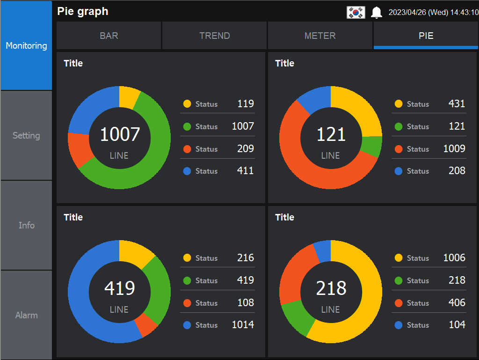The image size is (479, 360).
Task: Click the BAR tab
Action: [109, 36]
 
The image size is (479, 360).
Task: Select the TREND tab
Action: [215, 36]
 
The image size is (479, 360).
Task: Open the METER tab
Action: [320, 36]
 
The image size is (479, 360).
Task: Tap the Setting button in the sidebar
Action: [26, 136]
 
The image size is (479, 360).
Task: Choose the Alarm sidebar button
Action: [26, 316]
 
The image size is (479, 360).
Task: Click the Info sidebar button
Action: [26, 226]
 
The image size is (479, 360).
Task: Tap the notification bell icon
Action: [377, 13]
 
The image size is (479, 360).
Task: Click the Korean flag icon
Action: [356, 13]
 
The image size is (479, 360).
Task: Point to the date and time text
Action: [433, 13]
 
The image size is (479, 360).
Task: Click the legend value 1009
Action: [454, 149]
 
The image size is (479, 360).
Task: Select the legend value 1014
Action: [243, 325]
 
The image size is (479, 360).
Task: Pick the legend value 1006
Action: [454, 258]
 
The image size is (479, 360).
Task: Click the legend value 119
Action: [246, 104]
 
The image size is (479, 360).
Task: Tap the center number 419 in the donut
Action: [119, 288]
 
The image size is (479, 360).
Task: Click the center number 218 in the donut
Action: [331, 288]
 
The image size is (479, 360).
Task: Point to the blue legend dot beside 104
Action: [399, 325]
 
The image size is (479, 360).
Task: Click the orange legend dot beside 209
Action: [187, 149]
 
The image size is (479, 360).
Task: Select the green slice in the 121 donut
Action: [372, 147]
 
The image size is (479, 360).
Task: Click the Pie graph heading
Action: [83, 12]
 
